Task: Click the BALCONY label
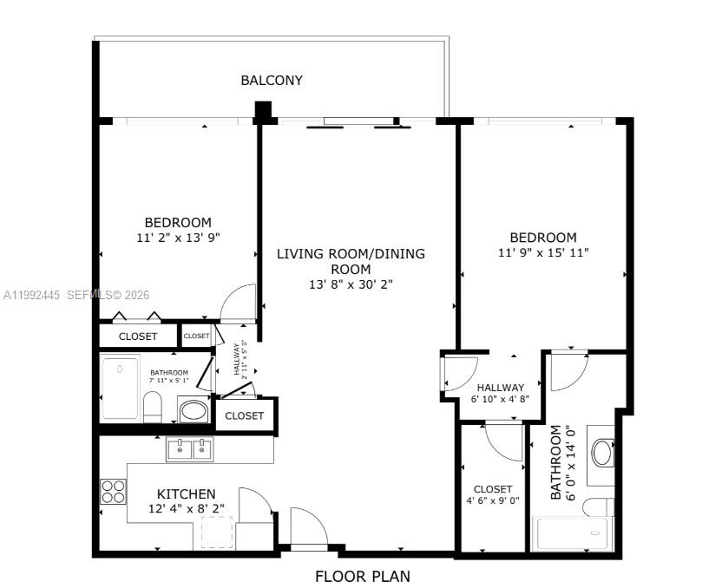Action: click(272, 81)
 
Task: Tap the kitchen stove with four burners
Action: click(113, 492)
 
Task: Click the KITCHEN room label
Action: click(187, 493)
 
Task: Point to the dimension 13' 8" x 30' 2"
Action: click(351, 284)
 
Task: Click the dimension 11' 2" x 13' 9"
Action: click(178, 238)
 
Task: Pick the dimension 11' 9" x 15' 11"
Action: click(543, 253)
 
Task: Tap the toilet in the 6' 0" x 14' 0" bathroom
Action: click(598, 506)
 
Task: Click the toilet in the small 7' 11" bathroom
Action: click(153, 406)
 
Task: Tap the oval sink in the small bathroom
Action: click(193, 409)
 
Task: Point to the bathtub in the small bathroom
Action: click(121, 387)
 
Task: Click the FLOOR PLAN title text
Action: click(362, 576)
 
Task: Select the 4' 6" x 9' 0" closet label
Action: click(492, 494)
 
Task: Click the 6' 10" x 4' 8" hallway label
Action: click(500, 393)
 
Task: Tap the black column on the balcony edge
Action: click(263, 110)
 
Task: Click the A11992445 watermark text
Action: click(32, 295)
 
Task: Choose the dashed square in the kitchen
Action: click(218, 531)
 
